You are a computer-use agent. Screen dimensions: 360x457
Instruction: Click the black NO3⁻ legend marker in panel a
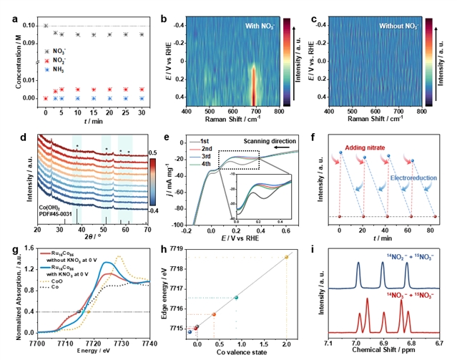point(46,51)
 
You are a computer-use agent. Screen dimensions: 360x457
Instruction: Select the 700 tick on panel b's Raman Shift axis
point(256,112)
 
